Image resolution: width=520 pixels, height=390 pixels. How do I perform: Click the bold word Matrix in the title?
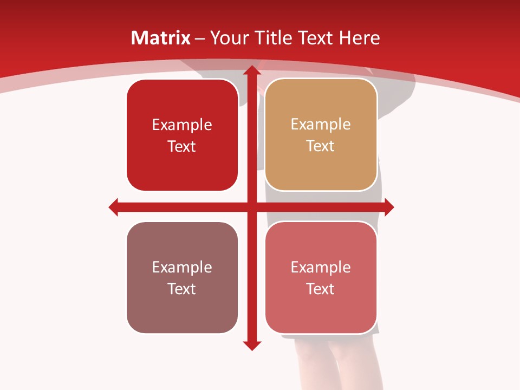tap(161, 38)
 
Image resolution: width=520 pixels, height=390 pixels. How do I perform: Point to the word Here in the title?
tap(359, 38)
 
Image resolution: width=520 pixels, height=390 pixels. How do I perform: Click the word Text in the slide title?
tap(316, 38)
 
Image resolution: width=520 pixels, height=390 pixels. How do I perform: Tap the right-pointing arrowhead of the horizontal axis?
tap(388, 207)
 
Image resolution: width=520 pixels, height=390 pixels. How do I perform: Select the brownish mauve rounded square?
tap(182, 309)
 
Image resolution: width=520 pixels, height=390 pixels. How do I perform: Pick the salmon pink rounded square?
tap(321, 309)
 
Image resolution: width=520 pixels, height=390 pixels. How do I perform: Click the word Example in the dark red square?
tap(182, 125)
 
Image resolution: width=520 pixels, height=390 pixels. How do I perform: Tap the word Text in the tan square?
tap(321, 146)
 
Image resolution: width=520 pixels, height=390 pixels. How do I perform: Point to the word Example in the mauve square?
tap(182, 267)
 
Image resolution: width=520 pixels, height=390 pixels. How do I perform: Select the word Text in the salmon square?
tap(321, 289)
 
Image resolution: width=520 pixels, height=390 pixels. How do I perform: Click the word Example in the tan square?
tap(321, 125)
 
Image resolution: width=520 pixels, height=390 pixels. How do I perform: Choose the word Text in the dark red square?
tap(182, 147)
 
